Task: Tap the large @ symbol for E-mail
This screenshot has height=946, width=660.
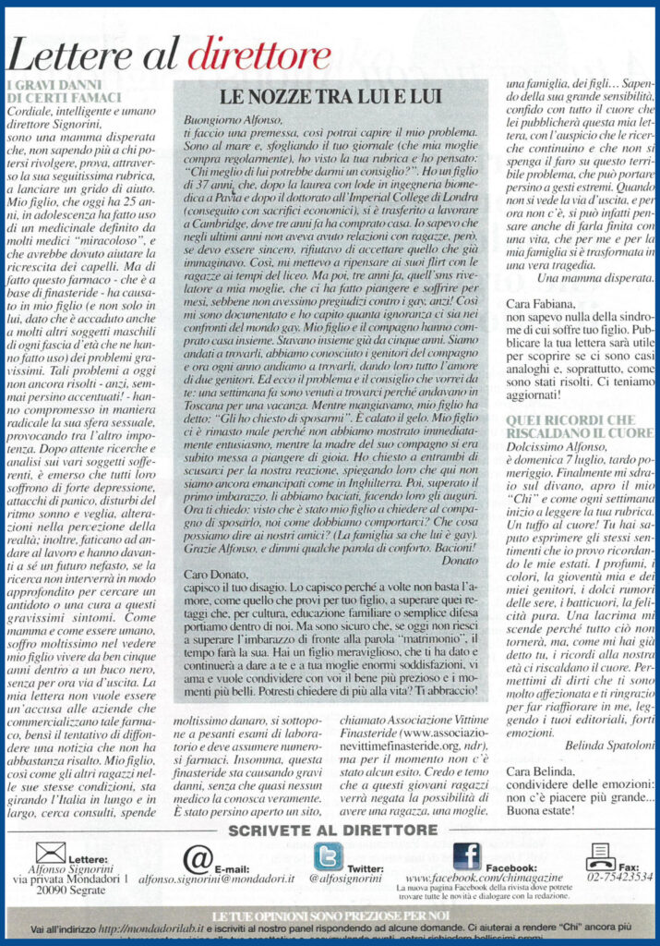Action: pos(198,859)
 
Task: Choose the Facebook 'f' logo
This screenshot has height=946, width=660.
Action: pos(465,858)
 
